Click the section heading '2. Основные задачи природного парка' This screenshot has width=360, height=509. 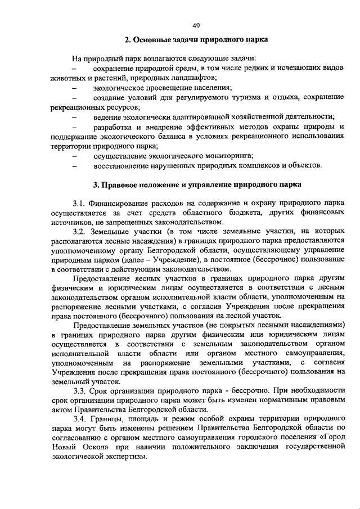(196, 40)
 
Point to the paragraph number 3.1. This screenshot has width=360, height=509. (79, 202)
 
